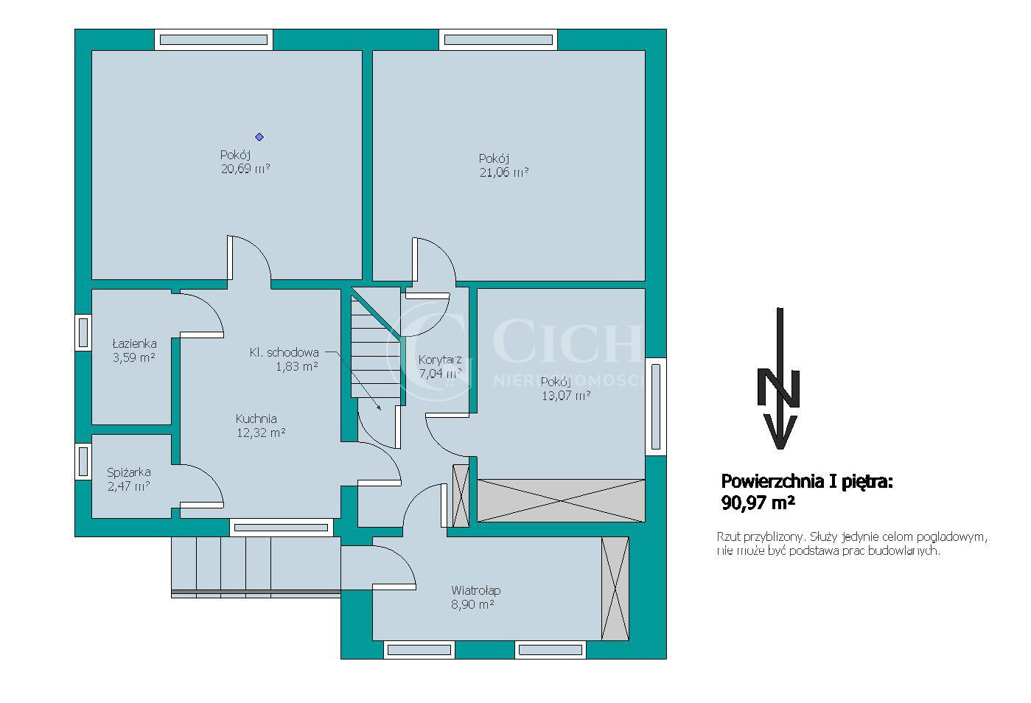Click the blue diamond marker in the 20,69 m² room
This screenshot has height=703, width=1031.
(x=259, y=137)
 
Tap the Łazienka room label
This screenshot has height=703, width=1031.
(x=134, y=343)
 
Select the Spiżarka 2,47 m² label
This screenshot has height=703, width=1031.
(x=128, y=479)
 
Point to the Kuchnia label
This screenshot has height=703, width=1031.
(x=256, y=419)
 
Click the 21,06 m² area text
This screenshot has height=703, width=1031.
(x=503, y=172)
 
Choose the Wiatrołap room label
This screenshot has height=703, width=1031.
(x=475, y=590)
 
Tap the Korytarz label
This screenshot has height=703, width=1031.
(x=439, y=360)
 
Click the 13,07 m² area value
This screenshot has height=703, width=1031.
(x=566, y=396)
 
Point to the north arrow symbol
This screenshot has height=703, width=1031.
(x=779, y=378)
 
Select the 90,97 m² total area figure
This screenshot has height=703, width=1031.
(x=758, y=503)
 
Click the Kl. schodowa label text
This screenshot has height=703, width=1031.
(x=284, y=353)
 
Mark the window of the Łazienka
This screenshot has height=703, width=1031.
(x=83, y=332)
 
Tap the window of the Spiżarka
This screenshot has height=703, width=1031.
(x=83, y=461)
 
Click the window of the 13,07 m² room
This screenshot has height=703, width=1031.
(x=656, y=407)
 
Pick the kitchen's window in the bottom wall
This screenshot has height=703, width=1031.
(x=282, y=528)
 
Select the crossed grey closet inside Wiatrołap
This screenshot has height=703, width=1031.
(x=615, y=588)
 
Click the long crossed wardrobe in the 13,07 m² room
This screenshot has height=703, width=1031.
(x=561, y=500)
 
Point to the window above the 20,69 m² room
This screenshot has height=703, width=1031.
(x=214, y=40)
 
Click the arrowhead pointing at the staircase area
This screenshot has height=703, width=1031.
(x=379, y=407)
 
